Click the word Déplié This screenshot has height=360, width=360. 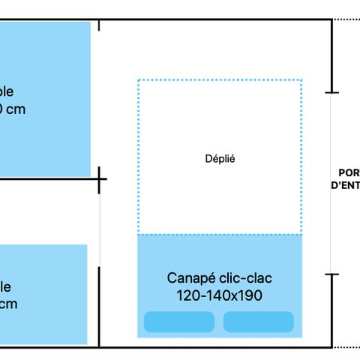pos(220,158)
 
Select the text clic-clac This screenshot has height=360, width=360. pos(244,278)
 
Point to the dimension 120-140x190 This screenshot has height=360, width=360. pos(219,295)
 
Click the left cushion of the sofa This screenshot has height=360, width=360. pos(179,322)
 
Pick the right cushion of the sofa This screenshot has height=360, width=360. pos(258,322)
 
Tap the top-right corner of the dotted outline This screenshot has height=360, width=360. pos(301,79)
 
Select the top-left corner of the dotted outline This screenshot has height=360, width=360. pos(139,79)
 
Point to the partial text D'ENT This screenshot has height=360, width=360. pos(345,184)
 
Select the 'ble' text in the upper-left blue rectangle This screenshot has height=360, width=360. pos(6,92)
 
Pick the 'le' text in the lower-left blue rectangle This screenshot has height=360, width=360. pos(5,286)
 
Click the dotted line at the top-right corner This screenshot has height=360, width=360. pos(346,19)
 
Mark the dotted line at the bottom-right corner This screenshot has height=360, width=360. pos(346,347)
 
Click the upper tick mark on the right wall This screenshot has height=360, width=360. pos(331,92)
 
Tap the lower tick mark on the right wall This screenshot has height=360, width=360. pos(331,274)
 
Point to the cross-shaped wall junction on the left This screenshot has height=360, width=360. pos(100,179)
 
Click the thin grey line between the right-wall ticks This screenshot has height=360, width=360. pos(331,184)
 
